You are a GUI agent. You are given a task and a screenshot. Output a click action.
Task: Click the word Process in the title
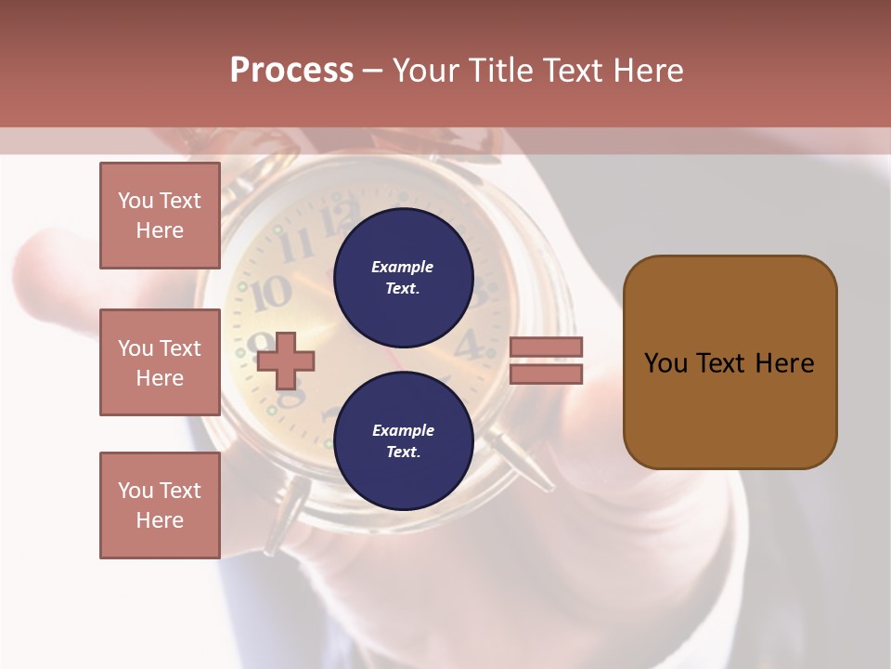click(291, 71)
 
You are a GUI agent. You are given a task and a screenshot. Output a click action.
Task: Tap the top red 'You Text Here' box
click(160, 216)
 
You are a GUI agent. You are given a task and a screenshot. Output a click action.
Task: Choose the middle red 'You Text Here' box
click(160, 362)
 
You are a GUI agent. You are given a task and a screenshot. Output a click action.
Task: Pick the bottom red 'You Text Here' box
click(160, 505)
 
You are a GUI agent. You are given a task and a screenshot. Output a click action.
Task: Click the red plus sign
click(285, 361)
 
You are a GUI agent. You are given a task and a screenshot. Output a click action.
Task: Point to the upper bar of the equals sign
click(546, 347)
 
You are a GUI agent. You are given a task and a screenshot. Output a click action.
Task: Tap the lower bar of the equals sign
click(546, 374)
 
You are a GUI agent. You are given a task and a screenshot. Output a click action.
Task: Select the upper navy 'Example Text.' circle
click(403, 277)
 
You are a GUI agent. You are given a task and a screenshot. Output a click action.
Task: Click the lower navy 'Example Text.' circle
click(403, 440)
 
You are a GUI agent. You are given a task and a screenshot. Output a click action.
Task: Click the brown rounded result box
click(730, 361)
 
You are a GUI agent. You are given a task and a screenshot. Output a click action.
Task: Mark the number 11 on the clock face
click(296, 245)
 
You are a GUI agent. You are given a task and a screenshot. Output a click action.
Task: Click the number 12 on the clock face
click(332, 220)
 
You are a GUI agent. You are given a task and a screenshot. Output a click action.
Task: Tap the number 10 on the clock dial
click(272, 293)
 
